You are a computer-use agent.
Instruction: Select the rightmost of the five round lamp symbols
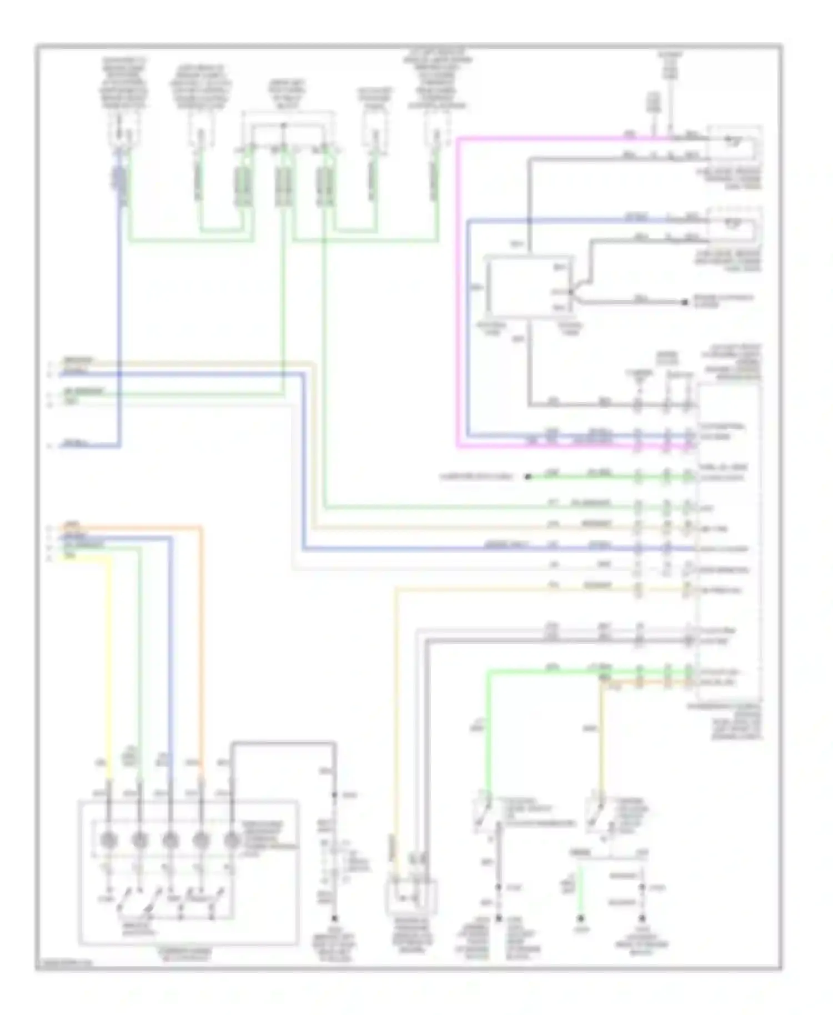tap(231, 840)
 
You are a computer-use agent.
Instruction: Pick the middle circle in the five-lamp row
tap(170, 840)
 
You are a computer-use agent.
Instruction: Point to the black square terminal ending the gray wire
tap(685, 302)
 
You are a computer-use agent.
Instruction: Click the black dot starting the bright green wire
tap(528, 476)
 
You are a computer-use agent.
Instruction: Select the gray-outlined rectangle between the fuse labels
tap(529, 288)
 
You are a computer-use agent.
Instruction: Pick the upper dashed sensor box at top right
tap(734, 144)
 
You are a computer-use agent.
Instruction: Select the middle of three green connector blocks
tap(283, 186)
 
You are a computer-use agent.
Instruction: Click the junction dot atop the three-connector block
tap(283, 126)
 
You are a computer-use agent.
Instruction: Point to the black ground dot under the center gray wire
tap(334, 919)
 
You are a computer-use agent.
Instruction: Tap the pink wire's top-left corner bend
tap(459, 139)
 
